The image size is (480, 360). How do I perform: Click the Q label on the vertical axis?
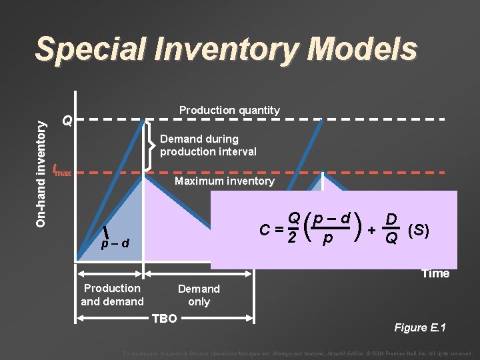point(67,121)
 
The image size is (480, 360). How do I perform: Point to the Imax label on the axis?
point(62,171)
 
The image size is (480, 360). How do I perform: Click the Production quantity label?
point(229,110)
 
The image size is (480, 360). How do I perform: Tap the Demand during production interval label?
point(207,145)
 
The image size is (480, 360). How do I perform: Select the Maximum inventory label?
point(224,181)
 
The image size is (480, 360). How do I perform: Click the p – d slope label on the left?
point(115,243)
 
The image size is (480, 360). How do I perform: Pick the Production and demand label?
point(112,295)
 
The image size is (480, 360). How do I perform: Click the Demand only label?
point(199,295)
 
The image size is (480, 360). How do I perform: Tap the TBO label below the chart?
point(165,319)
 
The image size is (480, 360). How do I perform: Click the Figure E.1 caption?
point(420,327)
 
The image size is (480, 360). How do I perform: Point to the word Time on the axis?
point(435,273)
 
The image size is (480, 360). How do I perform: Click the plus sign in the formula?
point(371,230)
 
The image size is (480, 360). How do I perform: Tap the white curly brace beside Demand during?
point(151,145)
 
